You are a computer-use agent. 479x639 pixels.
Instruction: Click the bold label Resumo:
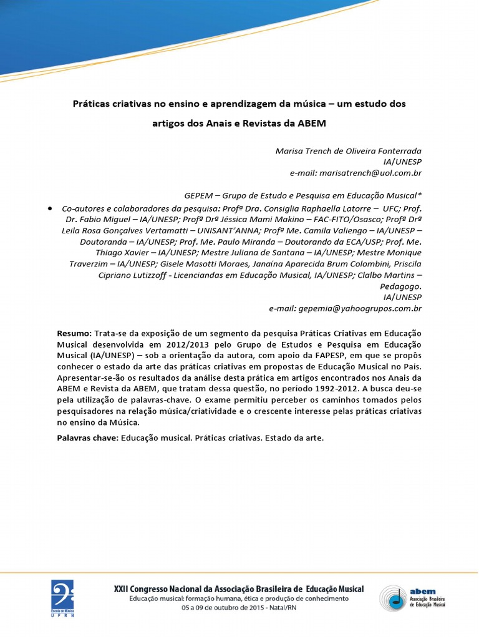(74, 334)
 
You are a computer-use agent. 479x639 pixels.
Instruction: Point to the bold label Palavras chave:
(87, 437)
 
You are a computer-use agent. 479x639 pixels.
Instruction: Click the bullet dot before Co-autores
(49, 208)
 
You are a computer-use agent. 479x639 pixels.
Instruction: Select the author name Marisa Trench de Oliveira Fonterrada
(349, 151)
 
